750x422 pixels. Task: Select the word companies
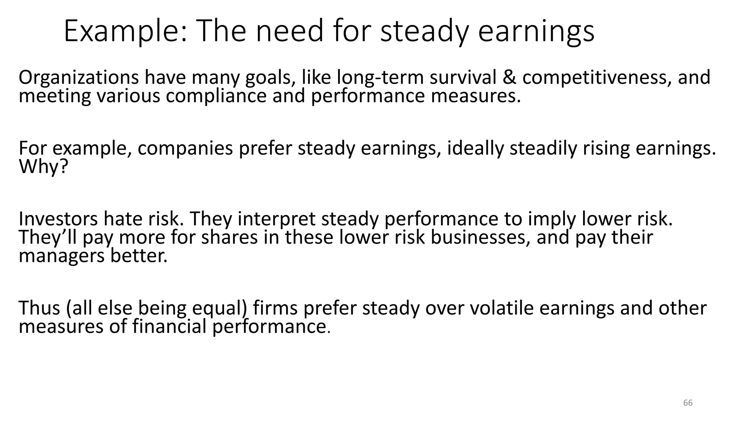tap(185, 148)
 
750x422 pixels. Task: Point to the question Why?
tap(44, 167)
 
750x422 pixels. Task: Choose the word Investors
tap(58, 219)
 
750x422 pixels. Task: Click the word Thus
tap(39, 308)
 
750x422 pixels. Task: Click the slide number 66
tap(688, 403)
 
